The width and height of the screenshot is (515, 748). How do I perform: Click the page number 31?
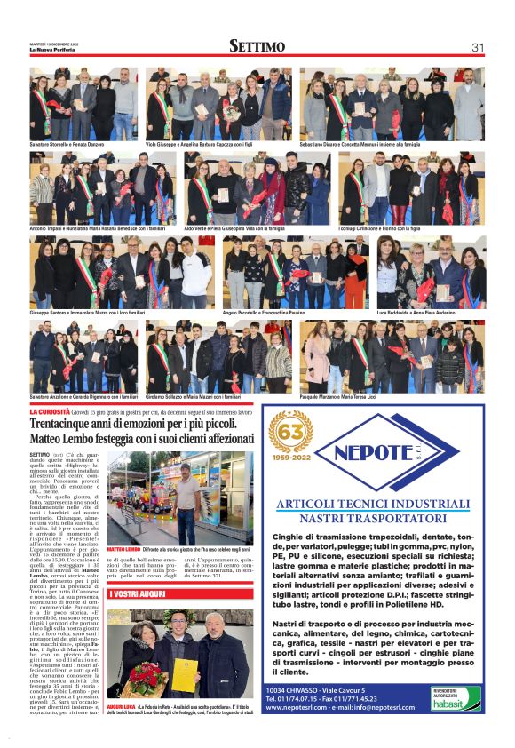tap(478, 46)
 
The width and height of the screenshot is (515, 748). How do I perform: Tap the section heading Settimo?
tap(257, 46)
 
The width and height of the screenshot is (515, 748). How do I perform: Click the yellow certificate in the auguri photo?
tap(185, 675)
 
